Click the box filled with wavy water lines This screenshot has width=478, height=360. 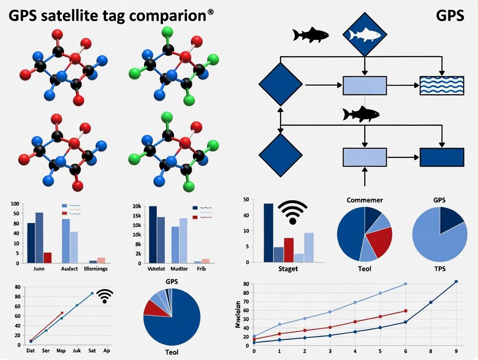(442, 85)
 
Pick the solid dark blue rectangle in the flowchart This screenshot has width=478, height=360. (442, 157)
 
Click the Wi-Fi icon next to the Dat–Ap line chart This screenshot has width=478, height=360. (104, 296)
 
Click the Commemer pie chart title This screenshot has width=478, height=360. (365, 200)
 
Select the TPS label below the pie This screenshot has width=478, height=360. (439, 269)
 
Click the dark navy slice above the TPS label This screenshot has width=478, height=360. (450, 219)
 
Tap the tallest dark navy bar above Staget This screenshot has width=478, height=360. (268, 232)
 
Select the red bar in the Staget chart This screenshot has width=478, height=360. (289, 250)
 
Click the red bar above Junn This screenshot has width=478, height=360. (47, 257)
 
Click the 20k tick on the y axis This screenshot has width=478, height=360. (137, 206)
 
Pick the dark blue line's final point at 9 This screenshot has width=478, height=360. (456, 282)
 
